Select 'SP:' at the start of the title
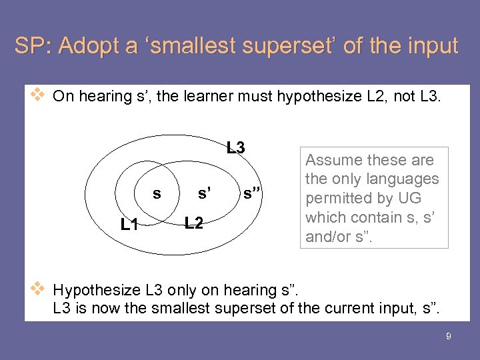tap(33, 46)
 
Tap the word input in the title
tap(434, 46)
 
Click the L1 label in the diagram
tap(129, 225)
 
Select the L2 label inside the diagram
tap(194, 222)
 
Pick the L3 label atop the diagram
tap(235, 147)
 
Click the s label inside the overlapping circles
tap(157, 194)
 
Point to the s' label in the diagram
tap(205, 194)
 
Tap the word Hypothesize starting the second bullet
tap(96, 290)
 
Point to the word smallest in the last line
tap(179, 308)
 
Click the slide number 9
tap(449, 337)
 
